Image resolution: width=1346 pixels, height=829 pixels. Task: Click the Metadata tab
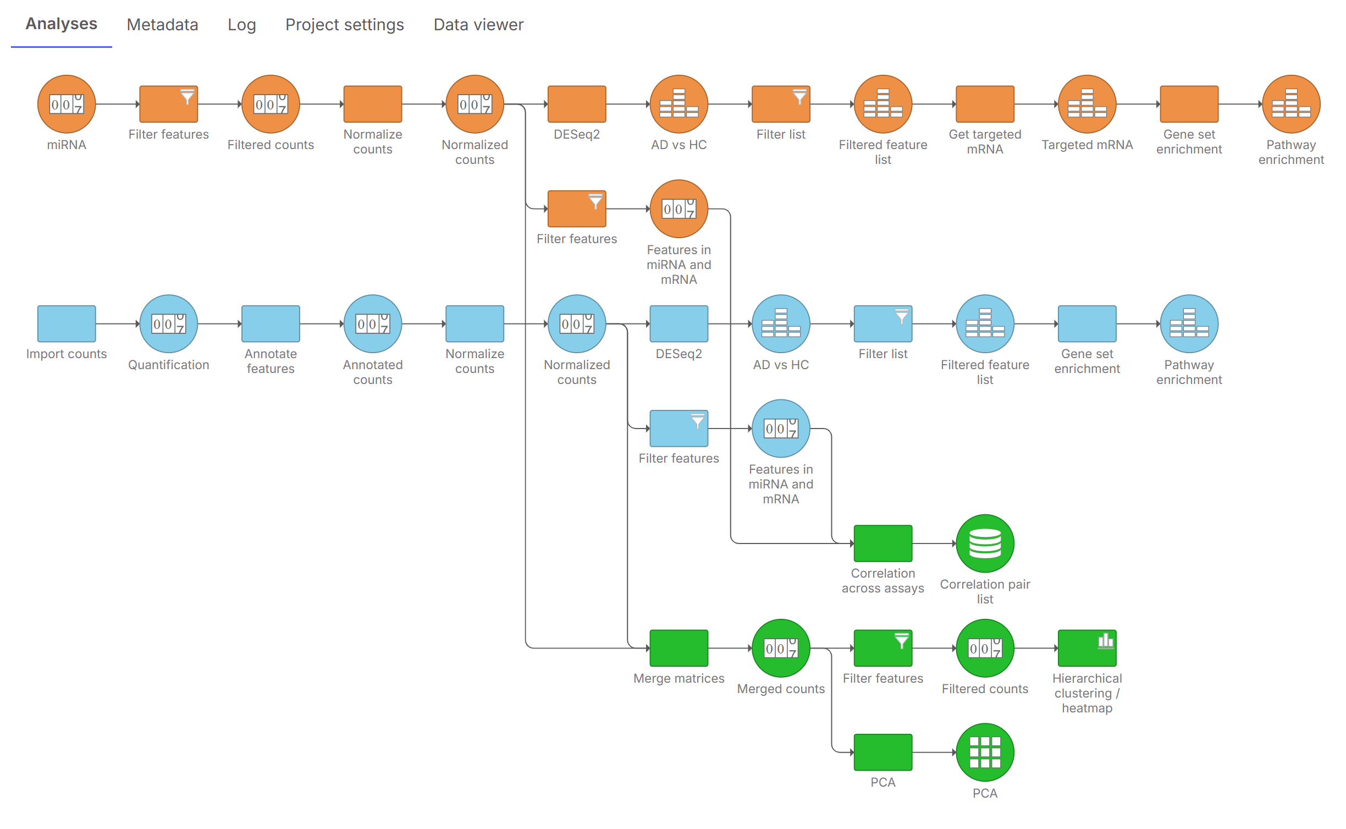click(162, 25)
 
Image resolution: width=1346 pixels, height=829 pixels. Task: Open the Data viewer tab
click(478, 25)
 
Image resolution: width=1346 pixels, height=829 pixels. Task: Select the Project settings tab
click(344, 25)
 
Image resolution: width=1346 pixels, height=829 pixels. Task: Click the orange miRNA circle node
click(67, 104)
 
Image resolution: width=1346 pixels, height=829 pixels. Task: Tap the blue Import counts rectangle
click(67, 323)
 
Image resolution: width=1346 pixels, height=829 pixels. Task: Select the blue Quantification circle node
click(169, 323)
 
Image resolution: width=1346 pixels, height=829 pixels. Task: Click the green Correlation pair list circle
click(985, 543)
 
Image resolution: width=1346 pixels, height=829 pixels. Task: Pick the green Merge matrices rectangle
click(678, 648)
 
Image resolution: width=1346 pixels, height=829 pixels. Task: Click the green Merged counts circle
click(781, 648)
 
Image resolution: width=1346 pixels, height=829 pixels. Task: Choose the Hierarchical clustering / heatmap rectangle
click(1087, 648)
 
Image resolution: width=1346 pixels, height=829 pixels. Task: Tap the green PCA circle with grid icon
click(985, 752)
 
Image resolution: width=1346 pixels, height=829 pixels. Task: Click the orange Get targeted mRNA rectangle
click(985, 104)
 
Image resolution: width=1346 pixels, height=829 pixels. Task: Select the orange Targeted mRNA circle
click(1087, 104)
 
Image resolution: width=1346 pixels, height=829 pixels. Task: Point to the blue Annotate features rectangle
click(271, 323)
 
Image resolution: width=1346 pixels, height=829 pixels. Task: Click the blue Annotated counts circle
click(373, 323)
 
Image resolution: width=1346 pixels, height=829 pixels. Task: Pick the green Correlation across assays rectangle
click(883, 543)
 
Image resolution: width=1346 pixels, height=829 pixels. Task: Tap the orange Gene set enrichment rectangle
click(1189, 104)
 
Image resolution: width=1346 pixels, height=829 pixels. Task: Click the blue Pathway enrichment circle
click(1189, 323)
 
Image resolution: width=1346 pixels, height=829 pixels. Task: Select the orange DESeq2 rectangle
click(577, 104)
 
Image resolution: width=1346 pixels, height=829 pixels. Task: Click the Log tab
click(242, 25)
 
